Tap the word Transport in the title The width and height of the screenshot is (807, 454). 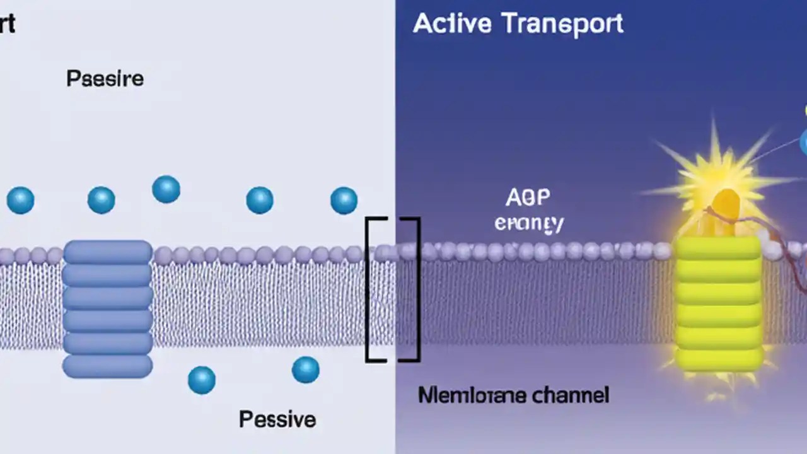pyautogui.click(x=562, y=23)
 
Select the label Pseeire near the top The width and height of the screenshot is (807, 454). pyautogui.click(x=105, y=79)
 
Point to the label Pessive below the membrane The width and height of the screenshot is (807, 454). pyautogui.click(x=277, y=419)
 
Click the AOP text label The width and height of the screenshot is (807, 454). pyautogui.click(x=528, y=198)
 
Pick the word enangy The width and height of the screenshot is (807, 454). pyautogui.click(x=529, y=223)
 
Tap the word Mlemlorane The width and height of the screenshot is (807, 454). pyautogui.click(x=466, y=395)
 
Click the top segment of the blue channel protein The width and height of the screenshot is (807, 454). pyautogui.click(x=108, y=252)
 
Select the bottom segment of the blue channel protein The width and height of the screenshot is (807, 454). pyautogui.click(x=108, y=366)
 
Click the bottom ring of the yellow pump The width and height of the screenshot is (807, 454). pyautogui.click(x=719, y=359)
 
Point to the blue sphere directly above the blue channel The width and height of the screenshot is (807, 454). pyautogui.click(x=101, y=200)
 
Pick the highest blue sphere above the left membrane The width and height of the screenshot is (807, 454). pyautogui.click(x=166, y=189)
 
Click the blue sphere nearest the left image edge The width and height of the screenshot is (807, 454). pyautogui.click(x=20, y=201)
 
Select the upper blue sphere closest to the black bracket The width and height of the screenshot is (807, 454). pyautogui.click(x=344, y=201)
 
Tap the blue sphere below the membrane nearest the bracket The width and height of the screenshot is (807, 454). pyautogui.click(x=306, y=370)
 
